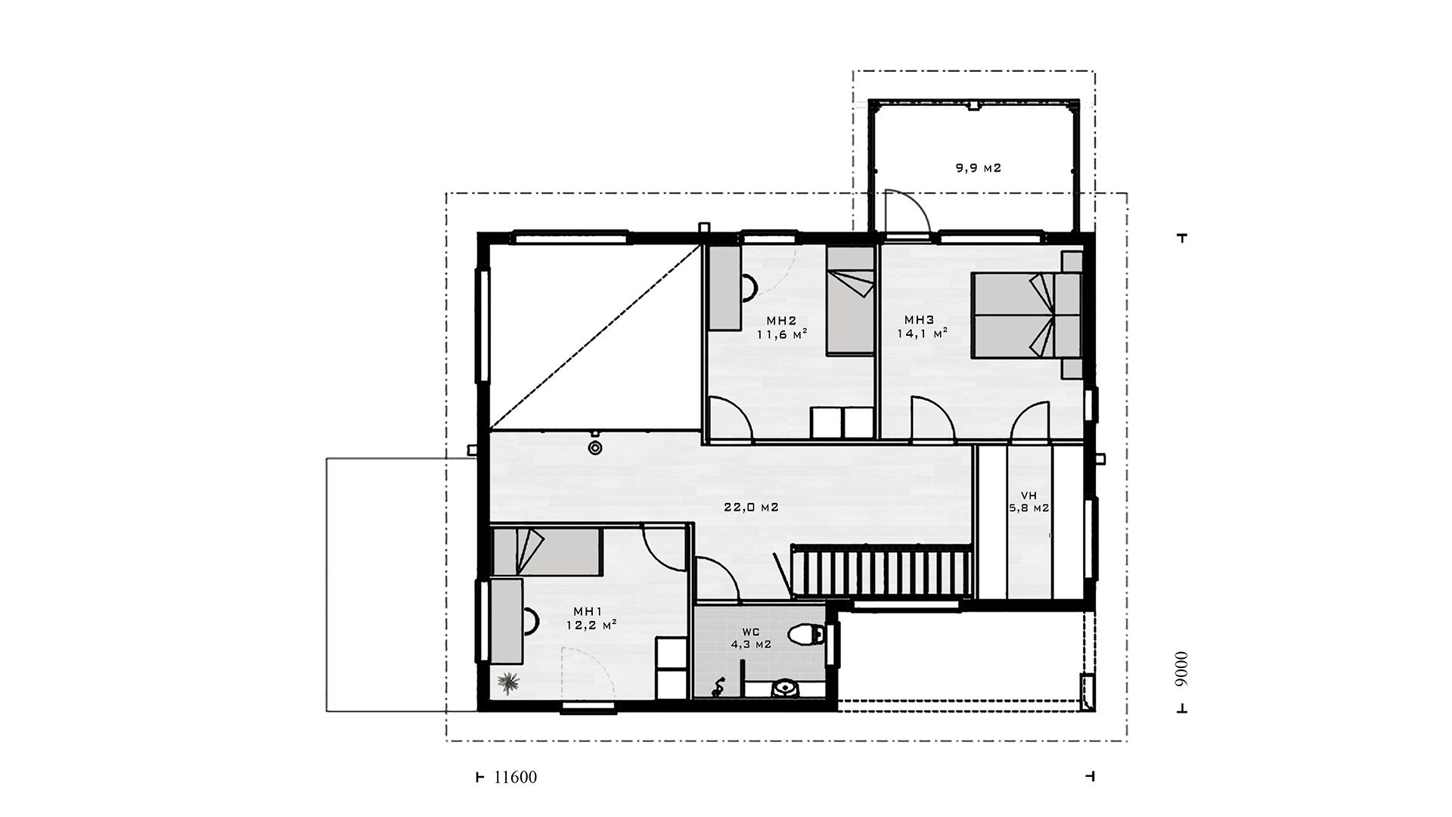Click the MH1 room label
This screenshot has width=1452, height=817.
click(587, 612)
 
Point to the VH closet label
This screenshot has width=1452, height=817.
click(1028, 495)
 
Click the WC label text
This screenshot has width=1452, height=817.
click(750, 632)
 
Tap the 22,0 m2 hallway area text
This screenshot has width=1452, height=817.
click(751, 508)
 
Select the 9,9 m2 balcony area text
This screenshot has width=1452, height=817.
click(979, 168)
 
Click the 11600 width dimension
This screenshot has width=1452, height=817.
click(516, 777)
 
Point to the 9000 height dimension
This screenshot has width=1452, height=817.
click(1182, 669)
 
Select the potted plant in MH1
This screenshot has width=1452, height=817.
click(508, 683)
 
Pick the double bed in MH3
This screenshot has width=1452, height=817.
click(1027, 315)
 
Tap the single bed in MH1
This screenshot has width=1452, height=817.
click(547, 551)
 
